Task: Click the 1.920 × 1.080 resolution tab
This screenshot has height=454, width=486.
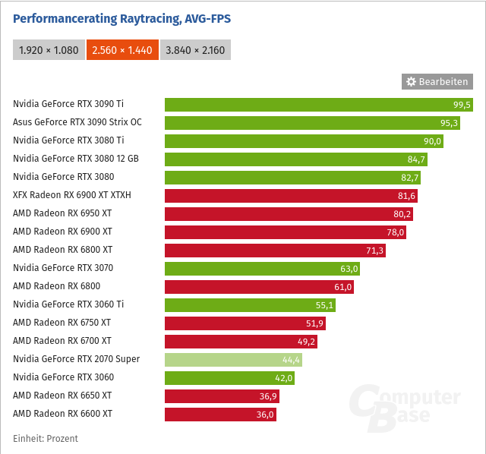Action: (48, 50)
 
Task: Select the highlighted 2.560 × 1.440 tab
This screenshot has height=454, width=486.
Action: (122, 50)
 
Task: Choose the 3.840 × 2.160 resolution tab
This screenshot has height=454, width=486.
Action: (195, 50)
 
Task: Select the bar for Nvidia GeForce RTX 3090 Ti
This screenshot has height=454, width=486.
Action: (318, 104)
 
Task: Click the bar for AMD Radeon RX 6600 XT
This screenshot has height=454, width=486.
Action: (220, 414)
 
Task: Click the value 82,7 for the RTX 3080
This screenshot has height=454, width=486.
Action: (409, 178)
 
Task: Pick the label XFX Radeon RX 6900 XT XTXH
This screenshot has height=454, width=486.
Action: (72, 195)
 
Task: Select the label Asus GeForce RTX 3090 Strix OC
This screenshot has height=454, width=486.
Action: (77, 122)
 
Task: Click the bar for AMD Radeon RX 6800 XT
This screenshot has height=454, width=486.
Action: (275, 250)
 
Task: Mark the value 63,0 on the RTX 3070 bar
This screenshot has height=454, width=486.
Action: (349, 269)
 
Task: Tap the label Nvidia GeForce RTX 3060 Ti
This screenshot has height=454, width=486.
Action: (68, 304)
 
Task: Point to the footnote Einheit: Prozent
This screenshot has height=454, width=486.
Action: (46, 439)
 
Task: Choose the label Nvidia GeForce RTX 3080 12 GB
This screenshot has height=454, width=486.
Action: (76, 159)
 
